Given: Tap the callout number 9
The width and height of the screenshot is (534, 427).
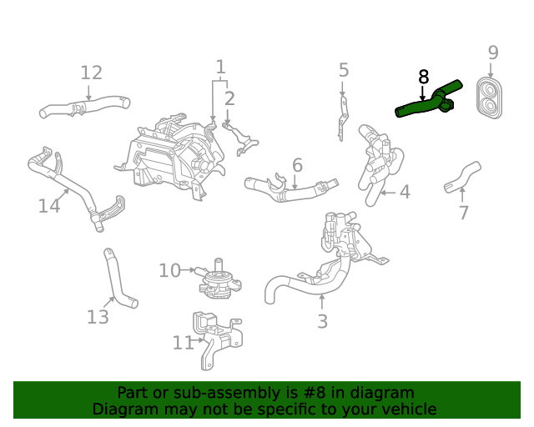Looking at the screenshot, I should (x=493, y=53).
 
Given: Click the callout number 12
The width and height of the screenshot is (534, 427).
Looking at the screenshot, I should (x=91, y=73).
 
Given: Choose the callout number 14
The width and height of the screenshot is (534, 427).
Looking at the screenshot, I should (x=49, y=204).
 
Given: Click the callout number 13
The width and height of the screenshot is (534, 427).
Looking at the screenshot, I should (x=98, y=317).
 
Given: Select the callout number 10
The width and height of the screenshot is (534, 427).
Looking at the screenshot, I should (x=169, y=270).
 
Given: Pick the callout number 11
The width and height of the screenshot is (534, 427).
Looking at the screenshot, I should (x=183, y=342).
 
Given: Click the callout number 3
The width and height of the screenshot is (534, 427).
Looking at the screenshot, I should (x=322, y=321).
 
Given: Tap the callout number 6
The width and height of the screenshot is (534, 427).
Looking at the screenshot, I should (x=297, y=165).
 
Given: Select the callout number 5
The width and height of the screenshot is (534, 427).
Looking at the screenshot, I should (x=343, y=70).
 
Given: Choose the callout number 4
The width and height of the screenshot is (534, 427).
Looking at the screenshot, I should (x=404, y=193).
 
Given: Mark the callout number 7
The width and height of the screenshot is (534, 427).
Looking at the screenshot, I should (x=464, y=213).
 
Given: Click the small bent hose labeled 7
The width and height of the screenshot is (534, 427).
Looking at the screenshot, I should (x=461, y=176).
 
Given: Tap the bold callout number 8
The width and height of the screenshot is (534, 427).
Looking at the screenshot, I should (x=423, y=77).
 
